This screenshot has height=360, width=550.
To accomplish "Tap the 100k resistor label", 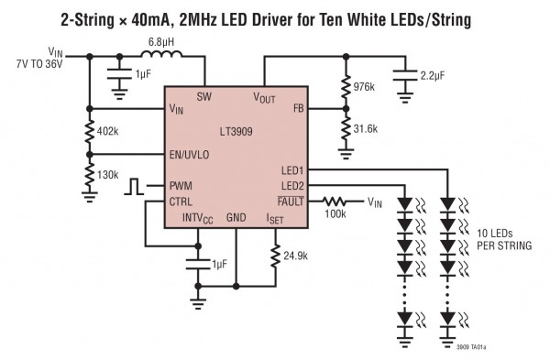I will pos(335,214).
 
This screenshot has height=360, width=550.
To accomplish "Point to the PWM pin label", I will pos(181,186).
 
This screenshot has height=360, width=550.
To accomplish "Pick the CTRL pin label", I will pos(181,201).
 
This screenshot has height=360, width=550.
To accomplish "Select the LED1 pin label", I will pos(292,170).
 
